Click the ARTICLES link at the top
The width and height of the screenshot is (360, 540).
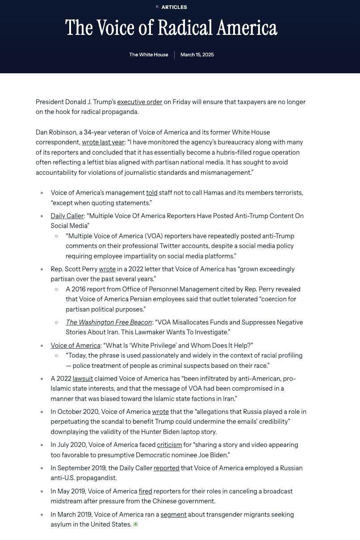tap(174, 7)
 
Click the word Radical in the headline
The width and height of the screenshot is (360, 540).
tap(185, 28)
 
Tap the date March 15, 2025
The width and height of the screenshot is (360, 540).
tap(197, 55)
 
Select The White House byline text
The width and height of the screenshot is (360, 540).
tap(149, 55)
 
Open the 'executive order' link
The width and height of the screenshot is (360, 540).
tap(139, 102)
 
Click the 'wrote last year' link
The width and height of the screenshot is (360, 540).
tap(103, 143)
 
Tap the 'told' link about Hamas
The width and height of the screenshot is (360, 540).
tap(152, 193)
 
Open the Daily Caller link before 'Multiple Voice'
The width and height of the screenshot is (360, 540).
tap(67, 216)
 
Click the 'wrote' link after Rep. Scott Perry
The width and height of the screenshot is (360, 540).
tap(107, 270)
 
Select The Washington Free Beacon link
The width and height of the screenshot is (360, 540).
tap(109, 323)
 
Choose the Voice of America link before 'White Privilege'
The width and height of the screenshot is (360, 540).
tap(75, 346)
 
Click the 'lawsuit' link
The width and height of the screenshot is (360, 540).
tap(83, 379)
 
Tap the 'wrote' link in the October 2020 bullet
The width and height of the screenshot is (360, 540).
tap(160, 412)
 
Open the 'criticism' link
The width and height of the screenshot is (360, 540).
tap(169, 445)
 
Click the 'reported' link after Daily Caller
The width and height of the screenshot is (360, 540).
tap(166, 468)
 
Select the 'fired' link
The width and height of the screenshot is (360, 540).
tap(145, 492)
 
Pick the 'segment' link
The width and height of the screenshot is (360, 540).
tap(173, 515)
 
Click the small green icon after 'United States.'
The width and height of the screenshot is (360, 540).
tap(135, 524)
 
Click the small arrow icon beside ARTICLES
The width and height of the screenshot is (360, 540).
tap(157, 7)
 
